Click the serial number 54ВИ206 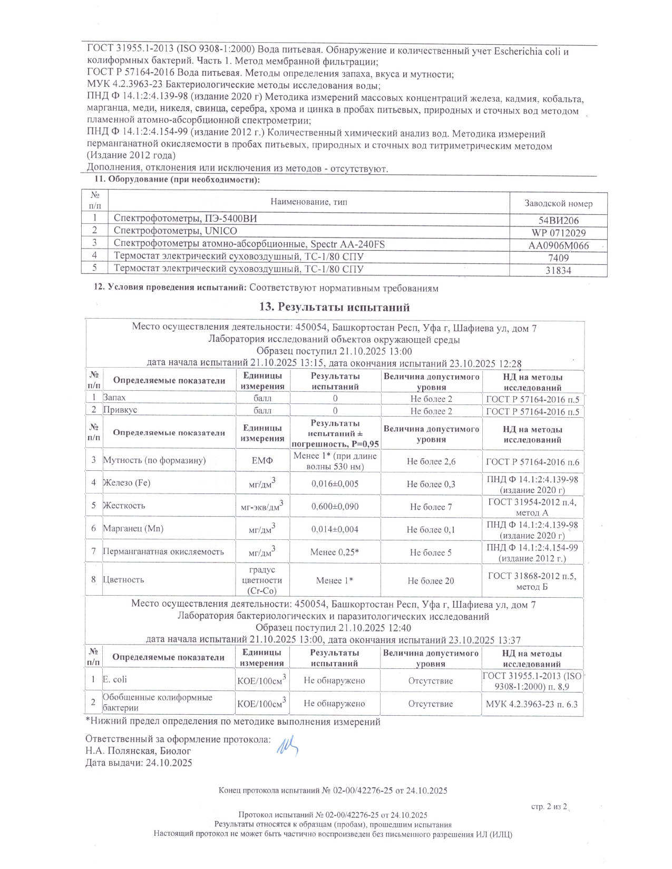coord(558,221)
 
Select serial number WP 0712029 coord(558,233)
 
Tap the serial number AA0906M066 coord(558,245)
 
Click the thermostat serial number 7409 coord(558,258)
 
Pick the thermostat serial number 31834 coord(558,271)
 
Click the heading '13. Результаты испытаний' coord(334,307)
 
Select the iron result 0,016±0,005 coord(335,483)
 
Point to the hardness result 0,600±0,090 coord(335,507)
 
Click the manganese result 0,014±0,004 coord(335,529)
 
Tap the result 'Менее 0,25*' coord(335,552)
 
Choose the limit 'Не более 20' coord(431,581)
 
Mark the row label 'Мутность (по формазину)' coord(154,460)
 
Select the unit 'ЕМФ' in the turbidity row coord(262,461)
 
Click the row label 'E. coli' coord(115,680)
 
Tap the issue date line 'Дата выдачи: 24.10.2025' coord(139,763)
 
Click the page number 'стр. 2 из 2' coord(549,806)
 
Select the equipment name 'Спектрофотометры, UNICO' coord(176,231)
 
